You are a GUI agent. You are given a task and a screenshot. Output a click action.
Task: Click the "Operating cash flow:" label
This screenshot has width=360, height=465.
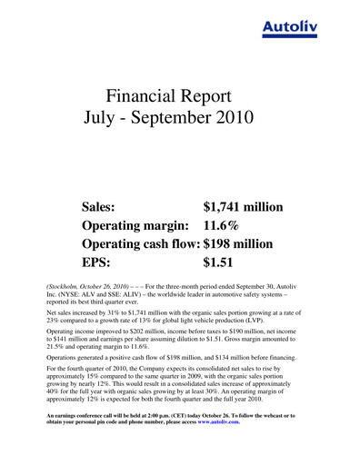(x=140, y=245)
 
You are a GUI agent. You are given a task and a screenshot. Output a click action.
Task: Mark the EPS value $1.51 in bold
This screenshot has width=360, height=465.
(x=217, y=265)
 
